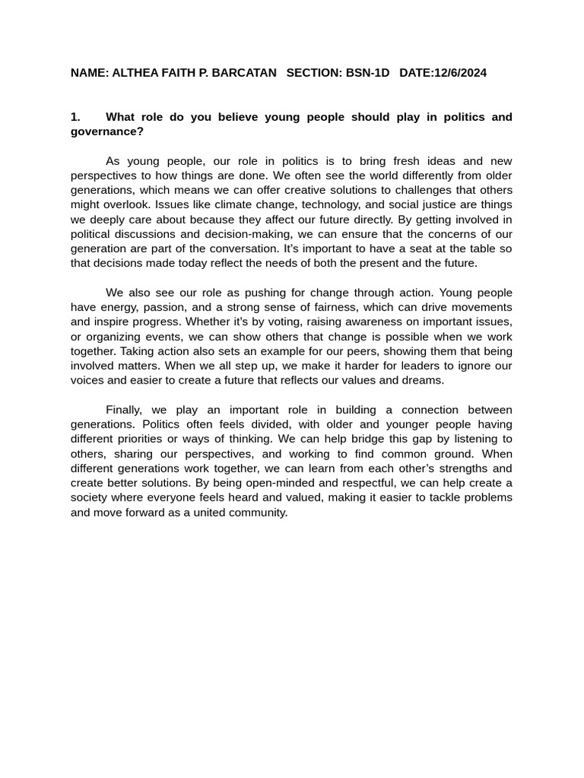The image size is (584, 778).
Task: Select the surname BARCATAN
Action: (240, 73)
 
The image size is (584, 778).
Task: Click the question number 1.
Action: (75, 117)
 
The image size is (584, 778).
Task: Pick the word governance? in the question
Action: (106, 131)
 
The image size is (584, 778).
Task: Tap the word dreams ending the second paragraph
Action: (424, 381)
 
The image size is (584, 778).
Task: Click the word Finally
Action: (123, 410)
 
